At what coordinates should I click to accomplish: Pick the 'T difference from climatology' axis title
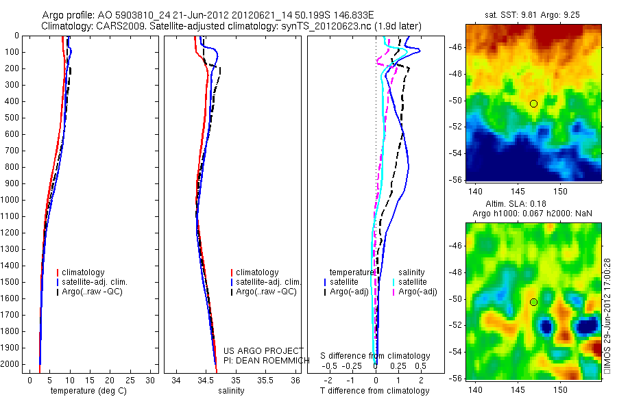point(374,391)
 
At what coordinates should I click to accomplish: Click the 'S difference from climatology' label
point(376,357)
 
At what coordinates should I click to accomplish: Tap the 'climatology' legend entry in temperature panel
point(83,272)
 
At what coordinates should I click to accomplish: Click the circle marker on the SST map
point(533,103)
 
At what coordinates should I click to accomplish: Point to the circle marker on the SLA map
point(533,302)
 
